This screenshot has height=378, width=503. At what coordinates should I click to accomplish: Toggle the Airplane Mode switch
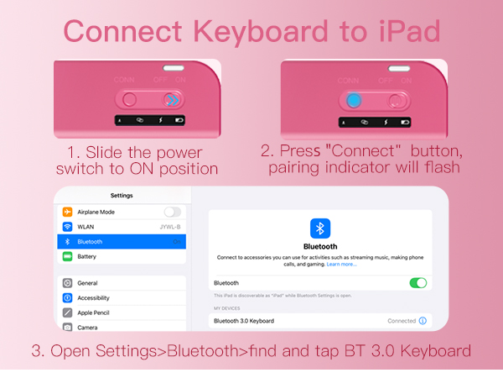[x=173, y=212]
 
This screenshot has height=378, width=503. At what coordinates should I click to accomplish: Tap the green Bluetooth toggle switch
[x=417, y=283]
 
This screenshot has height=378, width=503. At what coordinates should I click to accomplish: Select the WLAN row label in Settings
[x=87, y=227]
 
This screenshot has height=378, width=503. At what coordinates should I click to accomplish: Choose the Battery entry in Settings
[x=86, y=256]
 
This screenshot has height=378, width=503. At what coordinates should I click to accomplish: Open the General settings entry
[x=87, y=283]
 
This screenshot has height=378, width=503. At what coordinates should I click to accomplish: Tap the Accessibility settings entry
[x=93, y=297]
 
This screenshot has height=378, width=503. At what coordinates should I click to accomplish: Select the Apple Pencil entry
[x=94, y=312]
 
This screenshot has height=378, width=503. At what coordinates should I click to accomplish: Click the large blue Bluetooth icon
[x=320, y=228]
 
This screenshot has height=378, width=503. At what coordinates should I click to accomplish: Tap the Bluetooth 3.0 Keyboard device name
[x=244, y=321]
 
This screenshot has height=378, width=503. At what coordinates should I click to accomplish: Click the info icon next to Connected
[x=423, y=321]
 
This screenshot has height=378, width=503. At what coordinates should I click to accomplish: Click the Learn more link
[x=341, y=264]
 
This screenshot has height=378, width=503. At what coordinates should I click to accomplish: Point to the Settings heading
[x=122, y=196]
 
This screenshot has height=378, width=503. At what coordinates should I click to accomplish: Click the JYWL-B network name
[x=170, y=227]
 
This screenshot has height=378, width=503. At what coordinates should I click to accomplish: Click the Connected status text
[x=402, y=321]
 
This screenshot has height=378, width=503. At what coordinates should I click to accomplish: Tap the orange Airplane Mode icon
[x=67, y=212]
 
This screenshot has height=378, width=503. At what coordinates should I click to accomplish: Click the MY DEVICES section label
[x=227, y=308]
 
